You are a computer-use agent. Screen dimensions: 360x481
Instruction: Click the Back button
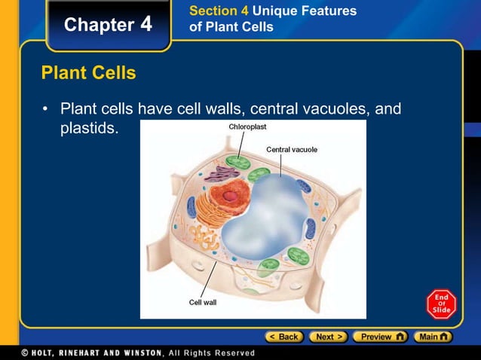point(283,337)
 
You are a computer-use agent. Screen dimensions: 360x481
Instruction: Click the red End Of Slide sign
point(440,304)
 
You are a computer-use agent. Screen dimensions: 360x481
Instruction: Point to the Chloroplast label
point(247,127)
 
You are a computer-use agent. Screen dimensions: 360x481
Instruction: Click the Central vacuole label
point(291,149)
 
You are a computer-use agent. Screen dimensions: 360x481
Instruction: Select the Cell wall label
point(202,301)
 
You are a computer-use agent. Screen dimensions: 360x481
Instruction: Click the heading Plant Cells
point(88,73)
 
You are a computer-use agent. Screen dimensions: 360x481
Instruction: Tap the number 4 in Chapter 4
point(146,24)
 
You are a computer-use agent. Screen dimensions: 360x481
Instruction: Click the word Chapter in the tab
point(98,25)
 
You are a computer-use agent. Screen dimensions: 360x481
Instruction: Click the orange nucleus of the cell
point(233,197)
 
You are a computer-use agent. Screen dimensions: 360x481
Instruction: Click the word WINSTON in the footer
point(131,352)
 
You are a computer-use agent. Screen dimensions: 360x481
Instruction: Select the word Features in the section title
point(332,11)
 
